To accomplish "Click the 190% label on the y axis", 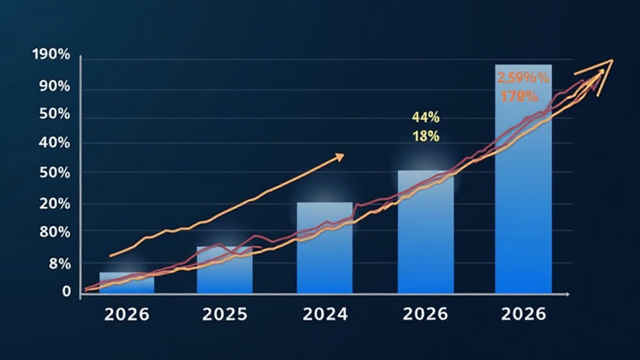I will [51, 55].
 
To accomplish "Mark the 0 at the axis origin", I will [66, 291].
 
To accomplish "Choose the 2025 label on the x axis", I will [226, 314].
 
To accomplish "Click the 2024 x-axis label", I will [325, 314].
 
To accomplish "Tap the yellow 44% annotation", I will [426, 117].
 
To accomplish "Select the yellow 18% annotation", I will [426, 136].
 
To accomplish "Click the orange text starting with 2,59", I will [523, 78].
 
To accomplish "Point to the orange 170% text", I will [519, 96].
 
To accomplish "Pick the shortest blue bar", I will [127, 282].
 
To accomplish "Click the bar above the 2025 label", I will [224, 270].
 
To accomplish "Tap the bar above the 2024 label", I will [324, 247].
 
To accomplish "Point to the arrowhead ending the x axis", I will [567, 293].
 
